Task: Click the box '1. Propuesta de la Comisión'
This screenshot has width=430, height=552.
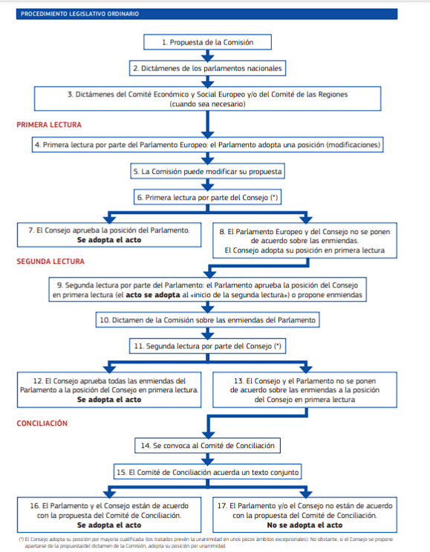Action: click(208, 42)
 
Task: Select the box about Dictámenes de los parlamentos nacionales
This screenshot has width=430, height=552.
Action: click(208, 68)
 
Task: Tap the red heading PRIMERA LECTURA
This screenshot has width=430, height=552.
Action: click(49, 125)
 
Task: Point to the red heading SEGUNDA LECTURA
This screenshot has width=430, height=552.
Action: click(51, 262)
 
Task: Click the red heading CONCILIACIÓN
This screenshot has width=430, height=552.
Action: click(42, 423)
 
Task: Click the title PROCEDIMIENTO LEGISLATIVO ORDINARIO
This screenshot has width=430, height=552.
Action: click(80, 14)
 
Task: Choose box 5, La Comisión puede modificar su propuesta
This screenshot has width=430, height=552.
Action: click(208, 172)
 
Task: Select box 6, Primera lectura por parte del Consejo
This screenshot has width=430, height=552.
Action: click(208, 198)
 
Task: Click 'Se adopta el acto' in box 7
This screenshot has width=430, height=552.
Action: click(109, 240)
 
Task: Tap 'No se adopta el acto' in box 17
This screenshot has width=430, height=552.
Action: click(304, 525)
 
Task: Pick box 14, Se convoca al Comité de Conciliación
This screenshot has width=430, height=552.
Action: click(208, 446)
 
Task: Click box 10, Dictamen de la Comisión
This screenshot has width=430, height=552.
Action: click(208, 320)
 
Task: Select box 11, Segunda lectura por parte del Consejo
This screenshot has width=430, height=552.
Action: click(208, 346)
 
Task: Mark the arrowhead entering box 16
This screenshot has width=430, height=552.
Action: click(109, 494)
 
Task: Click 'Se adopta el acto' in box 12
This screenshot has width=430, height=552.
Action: click(109, 400)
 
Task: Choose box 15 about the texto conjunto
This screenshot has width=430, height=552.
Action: click(208, 472)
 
